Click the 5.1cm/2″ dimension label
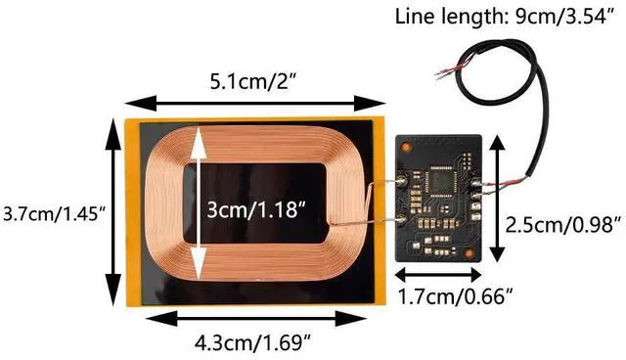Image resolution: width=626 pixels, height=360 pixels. click(x=253, y=82)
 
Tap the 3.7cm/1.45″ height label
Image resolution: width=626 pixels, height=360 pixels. click(x=54, y=215)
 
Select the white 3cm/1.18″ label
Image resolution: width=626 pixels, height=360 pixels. click(x=256, y=209)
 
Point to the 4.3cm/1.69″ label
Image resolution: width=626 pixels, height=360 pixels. click(x=253, y=342)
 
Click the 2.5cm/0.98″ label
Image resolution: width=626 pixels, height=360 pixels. click(x=563, y=225)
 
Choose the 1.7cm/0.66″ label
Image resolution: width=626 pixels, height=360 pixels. click(x=455, y=296)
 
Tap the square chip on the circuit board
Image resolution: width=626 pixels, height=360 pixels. click(x=439, y=182)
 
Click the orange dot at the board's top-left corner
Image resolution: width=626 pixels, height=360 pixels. click(x=406, y=147)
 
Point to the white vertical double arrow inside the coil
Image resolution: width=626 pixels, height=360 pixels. click(x=199, y=203)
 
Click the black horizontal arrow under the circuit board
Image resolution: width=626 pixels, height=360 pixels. click(x=438, y=275)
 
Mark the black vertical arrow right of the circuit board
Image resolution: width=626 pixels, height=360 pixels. click(x=498, y=199)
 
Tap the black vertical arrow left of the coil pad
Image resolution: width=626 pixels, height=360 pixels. click(x=113, y=212)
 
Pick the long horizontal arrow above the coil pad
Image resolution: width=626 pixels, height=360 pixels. click(x=254, y=104)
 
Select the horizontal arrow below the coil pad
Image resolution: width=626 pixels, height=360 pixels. click(x=256, y=319)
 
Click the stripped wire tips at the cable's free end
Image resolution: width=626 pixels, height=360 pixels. click(x=442, y=73)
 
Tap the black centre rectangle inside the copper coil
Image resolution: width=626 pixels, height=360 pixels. click(x=255, y=203)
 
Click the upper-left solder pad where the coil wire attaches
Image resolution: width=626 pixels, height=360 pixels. click(x=401, y=183)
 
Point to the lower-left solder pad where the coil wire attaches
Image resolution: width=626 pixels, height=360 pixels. click(x=401, y=219)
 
